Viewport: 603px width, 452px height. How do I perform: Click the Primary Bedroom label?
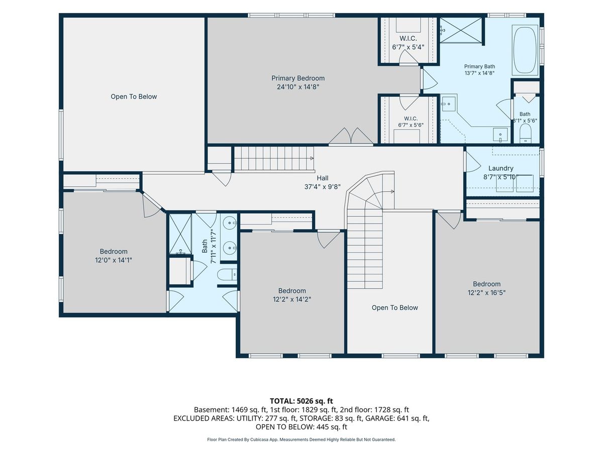click(x=298, y=78)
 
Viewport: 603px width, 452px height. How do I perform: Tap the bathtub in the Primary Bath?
click(x=525, y=50)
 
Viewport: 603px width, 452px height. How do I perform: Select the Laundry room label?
click(x=500, y=168)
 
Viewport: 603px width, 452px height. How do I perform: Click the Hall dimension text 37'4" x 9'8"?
click(x=322, y=187)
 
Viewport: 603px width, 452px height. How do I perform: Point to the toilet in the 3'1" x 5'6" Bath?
click(x=526, y=134)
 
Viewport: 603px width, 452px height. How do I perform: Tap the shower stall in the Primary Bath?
click(x=461, y=30)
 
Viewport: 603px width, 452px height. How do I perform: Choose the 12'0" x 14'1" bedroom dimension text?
click(x=114, y=260)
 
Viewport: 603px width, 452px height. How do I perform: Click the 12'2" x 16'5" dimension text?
click(x=486, y=293)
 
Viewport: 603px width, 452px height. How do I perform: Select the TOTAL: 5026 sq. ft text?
click(x=301, y=401)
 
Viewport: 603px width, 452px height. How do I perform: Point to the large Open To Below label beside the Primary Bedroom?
click(x=134, y=96)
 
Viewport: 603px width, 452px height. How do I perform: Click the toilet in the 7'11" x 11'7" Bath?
click(x=227, y=274)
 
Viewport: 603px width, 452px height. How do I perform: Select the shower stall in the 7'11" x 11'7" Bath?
click(x=180, y=234)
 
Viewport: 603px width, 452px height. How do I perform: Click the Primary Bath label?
click(x=479, y=66)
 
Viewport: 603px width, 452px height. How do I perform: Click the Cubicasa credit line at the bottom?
click(x=301, y=439)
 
